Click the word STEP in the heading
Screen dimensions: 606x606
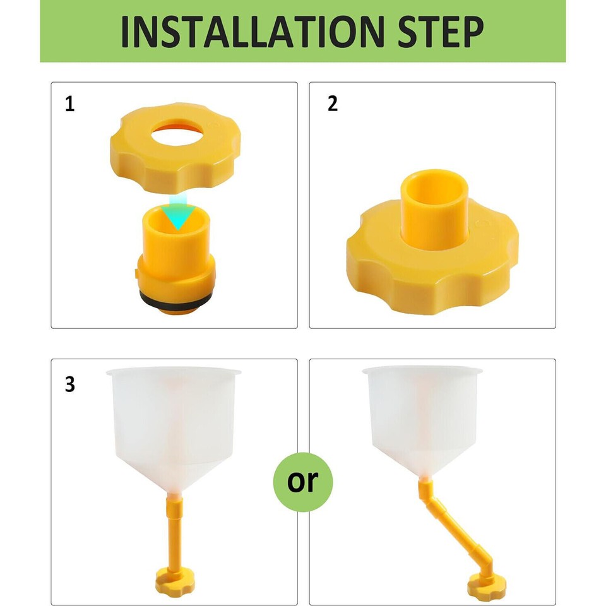pos(435,31)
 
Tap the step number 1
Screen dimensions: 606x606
pos(69,104)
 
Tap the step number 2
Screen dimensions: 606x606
pos(333,104)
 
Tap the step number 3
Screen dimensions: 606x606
pos(69,384)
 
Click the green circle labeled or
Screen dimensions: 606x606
pos(302,482)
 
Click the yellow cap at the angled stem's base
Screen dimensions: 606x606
pos(486,586)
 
